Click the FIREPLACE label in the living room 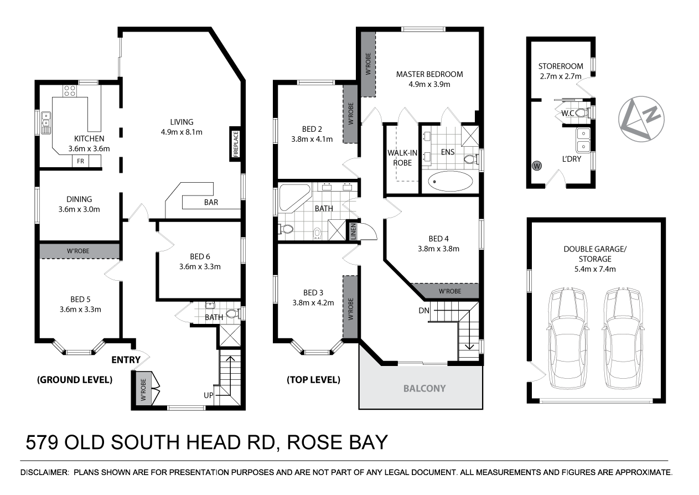click(x=235, y=145)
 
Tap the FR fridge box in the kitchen click(x=80, y=161)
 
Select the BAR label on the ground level click(x=211, y=203)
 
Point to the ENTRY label click(x=126, y=360)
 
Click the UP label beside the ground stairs click(x=208, y=395)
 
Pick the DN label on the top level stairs click(x=424, y=311)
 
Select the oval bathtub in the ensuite click(x=452, y=181)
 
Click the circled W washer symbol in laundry click(x=536, y=165)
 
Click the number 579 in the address click(x=43, y=444)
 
